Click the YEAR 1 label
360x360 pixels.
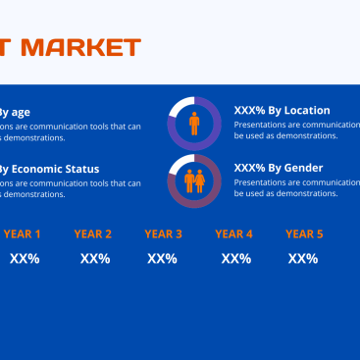[x=22, y=234]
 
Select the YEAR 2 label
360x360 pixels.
[x=93, y=234]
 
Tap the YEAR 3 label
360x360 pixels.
[x=164, y=234]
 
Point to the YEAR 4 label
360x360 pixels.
[x=234, y=234]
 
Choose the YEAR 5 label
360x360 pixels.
[x=304, y=234]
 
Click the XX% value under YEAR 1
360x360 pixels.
[x=25, y=259]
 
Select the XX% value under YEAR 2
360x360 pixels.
[x=95, y=259]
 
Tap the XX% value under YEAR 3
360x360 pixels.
[x=162, y=259]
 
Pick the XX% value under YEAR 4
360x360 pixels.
[x=236, y=259]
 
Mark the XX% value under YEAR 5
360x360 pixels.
[x=303, y=259]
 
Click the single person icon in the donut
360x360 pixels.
[x=194, y=124]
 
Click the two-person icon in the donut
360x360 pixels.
[x=194, y=181]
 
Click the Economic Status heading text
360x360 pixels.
[x=49, y=168]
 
